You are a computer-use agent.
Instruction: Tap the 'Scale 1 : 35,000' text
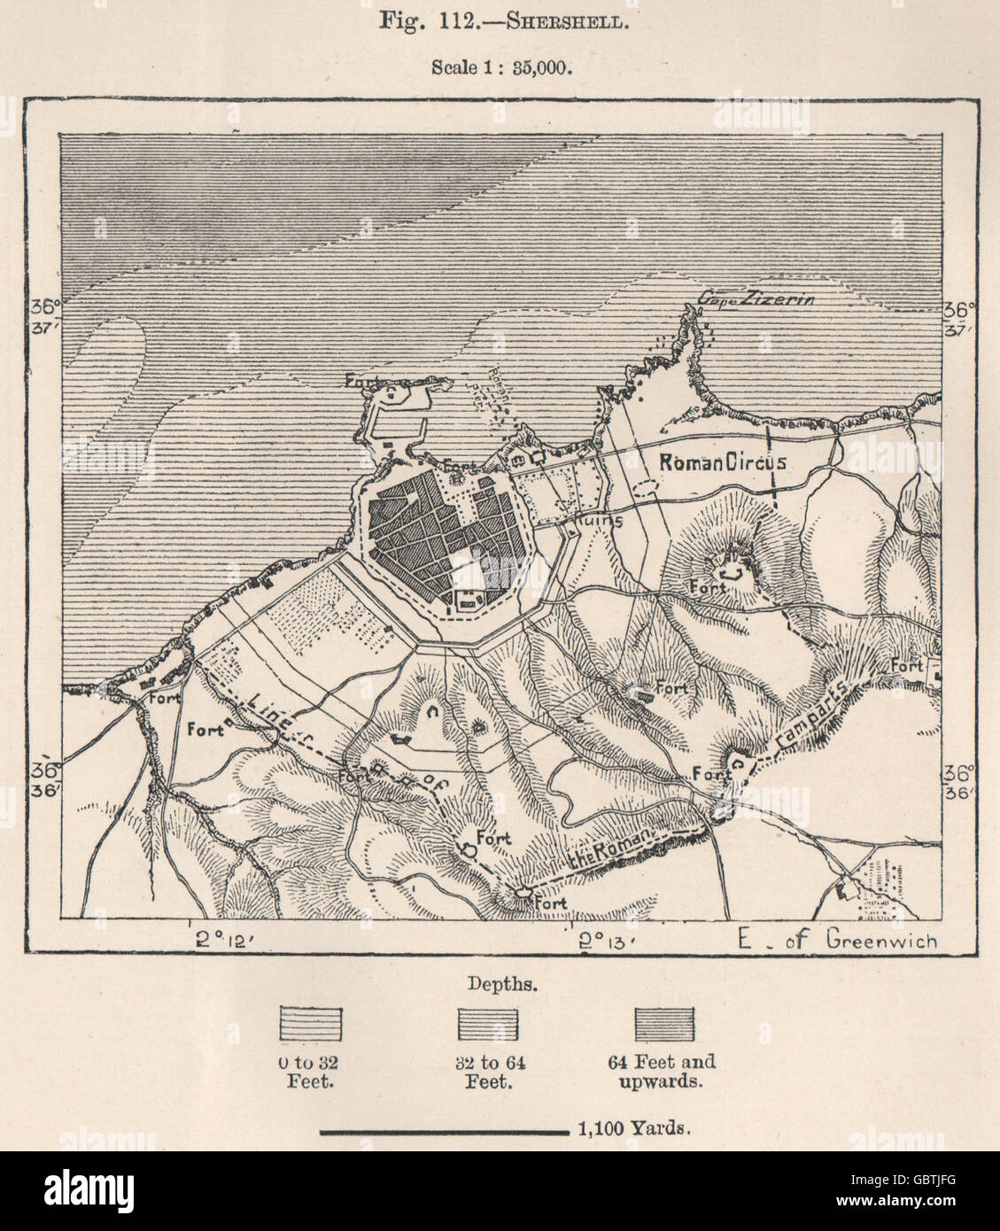[x=500, y=66]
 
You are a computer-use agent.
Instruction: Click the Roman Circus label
[x=722, y=461]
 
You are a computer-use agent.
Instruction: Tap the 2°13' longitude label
[x=606, y=939]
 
